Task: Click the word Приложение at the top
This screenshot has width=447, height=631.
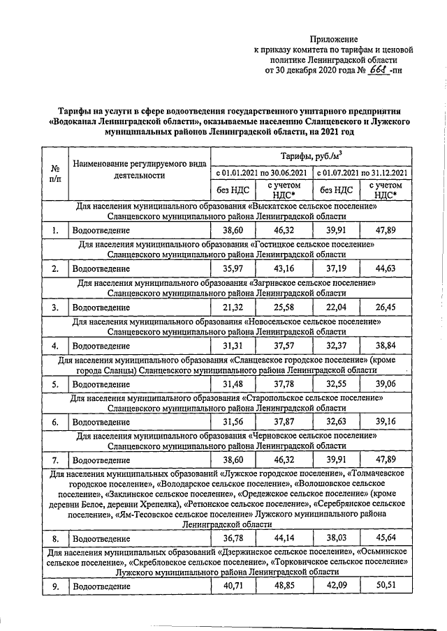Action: [335, 39]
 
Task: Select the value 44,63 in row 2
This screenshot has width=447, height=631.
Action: [386, 268]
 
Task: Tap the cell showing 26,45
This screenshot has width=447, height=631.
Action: [386, 307]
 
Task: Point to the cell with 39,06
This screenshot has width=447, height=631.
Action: [386, 384]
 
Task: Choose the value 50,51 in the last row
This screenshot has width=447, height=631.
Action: [386, 586]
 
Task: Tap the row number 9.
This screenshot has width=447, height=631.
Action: [54, 586]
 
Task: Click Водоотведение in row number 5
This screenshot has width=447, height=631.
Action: [101, 384]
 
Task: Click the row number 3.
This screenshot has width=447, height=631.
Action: [54, 307]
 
